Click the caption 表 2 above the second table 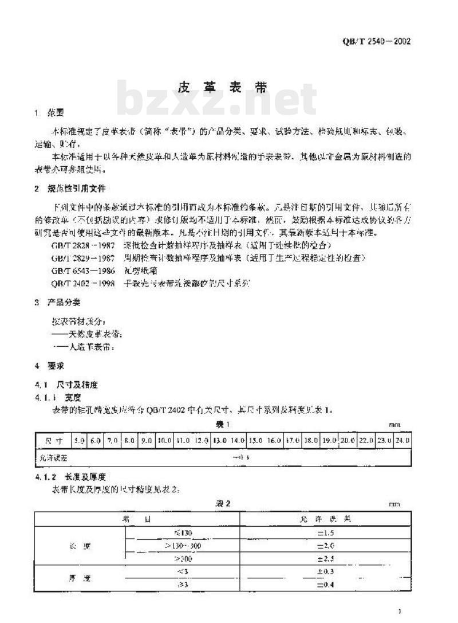click(223, 503)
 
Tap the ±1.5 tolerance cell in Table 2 click(325, 532)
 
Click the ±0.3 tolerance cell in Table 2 click(325, 571)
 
